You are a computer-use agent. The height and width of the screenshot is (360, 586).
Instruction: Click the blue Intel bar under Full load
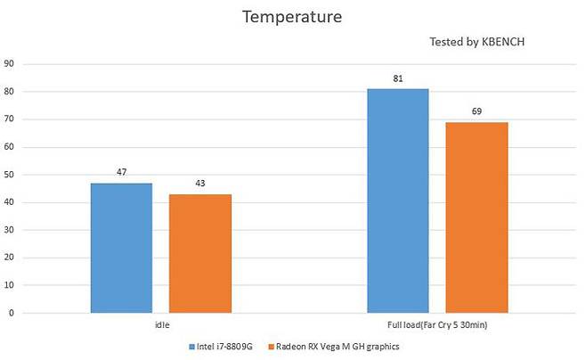click(x=398, y=200)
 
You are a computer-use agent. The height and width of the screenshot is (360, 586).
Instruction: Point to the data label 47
click(x=121, y=173)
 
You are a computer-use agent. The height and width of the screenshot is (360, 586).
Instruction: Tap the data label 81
click(x=398, y=78)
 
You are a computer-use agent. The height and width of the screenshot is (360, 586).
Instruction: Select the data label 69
click(x=476, y=112)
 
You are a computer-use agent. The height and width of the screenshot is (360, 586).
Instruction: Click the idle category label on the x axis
click(x=161, y=325)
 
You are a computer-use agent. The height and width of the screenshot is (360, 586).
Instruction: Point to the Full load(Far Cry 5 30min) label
click(x=437, y=325)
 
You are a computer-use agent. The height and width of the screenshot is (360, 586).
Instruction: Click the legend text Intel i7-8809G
click(x=225, y=346)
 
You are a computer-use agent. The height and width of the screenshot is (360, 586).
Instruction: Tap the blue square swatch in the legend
click(x=191, y=346)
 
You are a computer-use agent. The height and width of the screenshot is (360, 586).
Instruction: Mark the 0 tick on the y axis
click(x=11, y=313)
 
